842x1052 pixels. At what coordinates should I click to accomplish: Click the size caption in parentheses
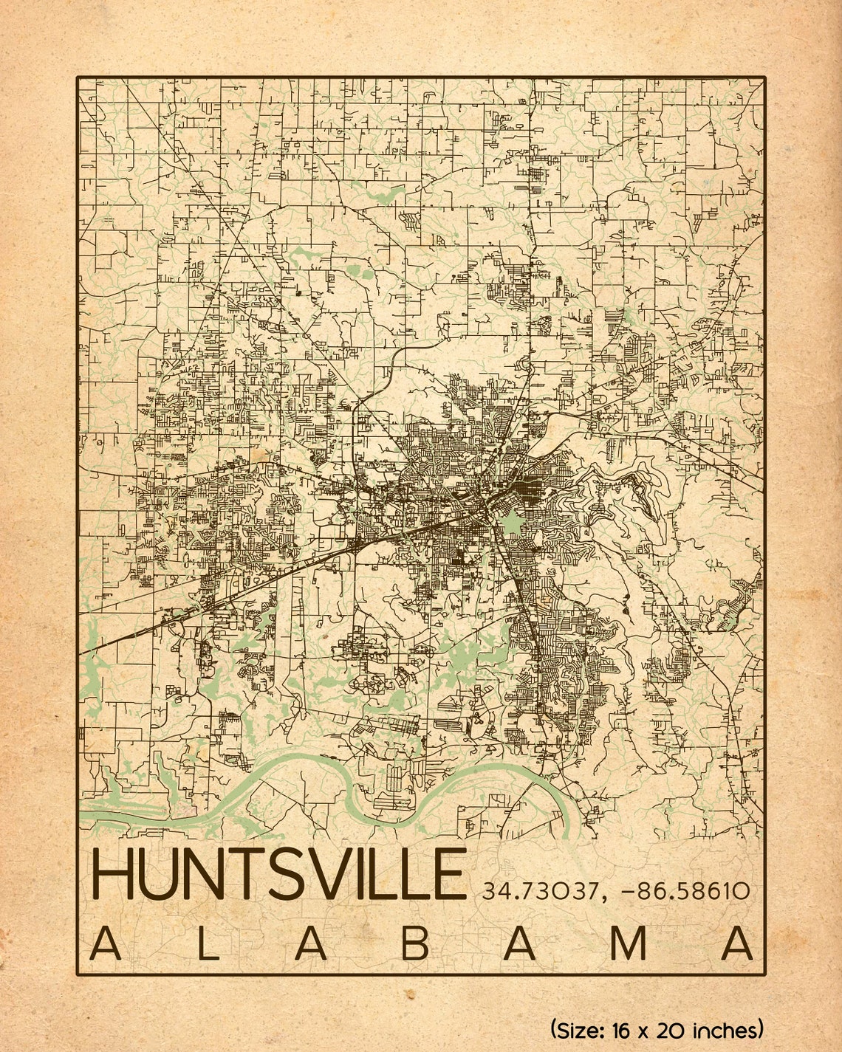coord(657,1028)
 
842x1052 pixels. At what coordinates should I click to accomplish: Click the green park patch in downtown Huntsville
coord(508,525)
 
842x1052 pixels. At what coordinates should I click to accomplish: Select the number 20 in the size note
coord(671,1028)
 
